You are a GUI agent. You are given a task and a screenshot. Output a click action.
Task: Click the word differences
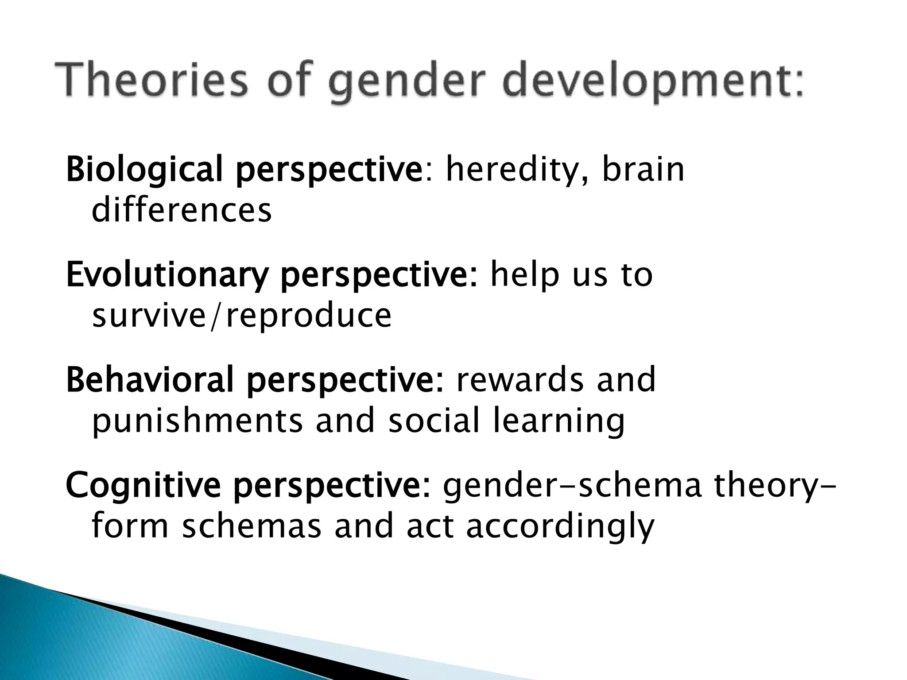pos(182,210)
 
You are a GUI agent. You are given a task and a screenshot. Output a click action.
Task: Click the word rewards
pos(520,380)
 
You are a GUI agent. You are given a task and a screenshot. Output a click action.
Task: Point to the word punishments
pos(197,421)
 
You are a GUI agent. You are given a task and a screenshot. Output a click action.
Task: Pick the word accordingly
pos(560,527)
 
